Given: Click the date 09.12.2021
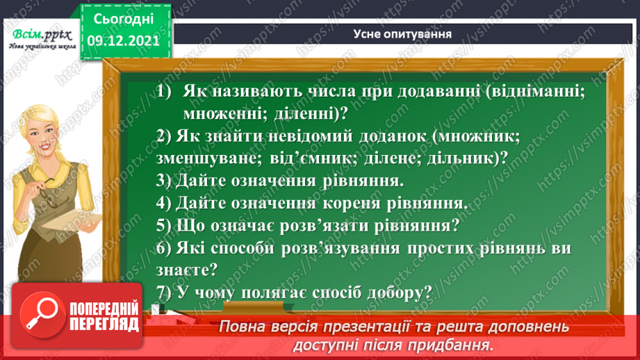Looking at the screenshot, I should coord(124,40).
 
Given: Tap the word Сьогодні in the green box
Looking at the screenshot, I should coord(124,16).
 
